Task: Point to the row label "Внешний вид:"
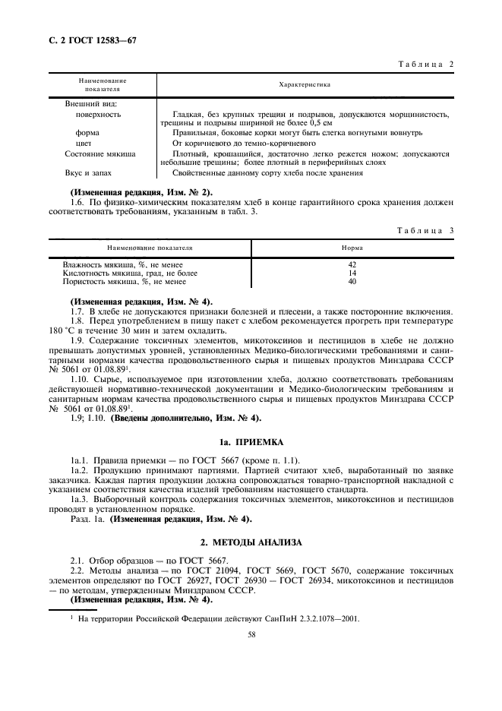point(90,104)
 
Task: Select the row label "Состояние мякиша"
point(99,153)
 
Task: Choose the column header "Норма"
point(352,248)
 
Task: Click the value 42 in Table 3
point(352,264)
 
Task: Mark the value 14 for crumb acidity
point(352,273)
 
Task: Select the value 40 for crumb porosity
point(352,281)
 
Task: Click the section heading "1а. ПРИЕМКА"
point(251,441)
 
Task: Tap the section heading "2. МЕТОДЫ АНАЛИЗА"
point(251,542)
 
